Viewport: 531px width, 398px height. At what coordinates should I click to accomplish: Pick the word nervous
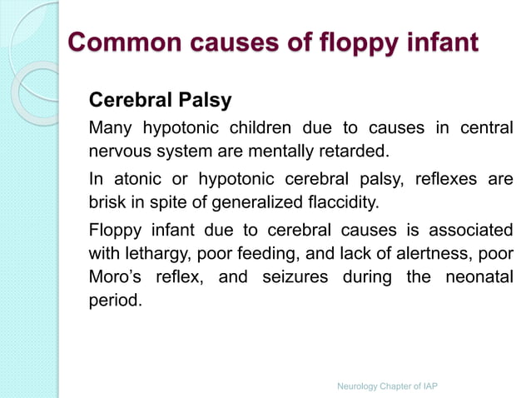(x=119, y=152)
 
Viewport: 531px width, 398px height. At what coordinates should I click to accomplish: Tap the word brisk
(x=109, y=203)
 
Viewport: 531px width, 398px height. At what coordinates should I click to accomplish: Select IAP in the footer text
(x=428, y=387)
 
